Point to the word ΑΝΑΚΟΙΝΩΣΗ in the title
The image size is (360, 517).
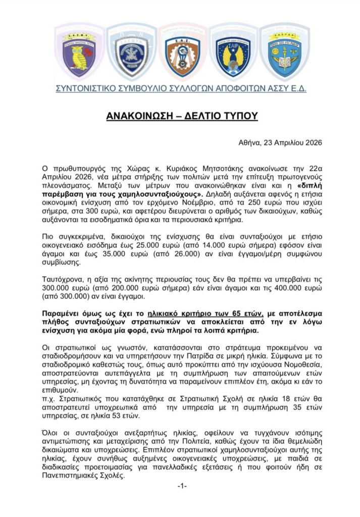[x=139, y=116]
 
